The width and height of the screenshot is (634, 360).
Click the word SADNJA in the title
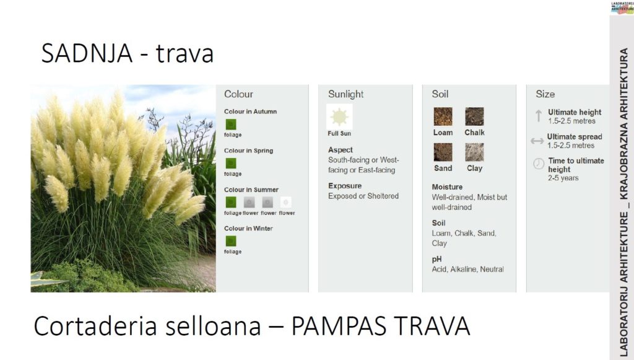tap(87, 53)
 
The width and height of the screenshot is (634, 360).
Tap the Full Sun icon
tap(339, 116)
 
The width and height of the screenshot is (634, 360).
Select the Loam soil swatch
tap(443, 116)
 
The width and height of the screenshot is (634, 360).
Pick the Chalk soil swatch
tap(474, 116)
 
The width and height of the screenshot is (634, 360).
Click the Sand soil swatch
tap(443, 152)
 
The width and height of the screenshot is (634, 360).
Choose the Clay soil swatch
tap(474, 152)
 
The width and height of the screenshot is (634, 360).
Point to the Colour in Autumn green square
tap(231, 124)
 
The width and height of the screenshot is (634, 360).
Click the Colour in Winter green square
tap(231, 241)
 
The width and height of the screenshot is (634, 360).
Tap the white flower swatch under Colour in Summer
tap(286, 202)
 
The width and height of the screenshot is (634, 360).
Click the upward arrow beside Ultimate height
tap(538, 116)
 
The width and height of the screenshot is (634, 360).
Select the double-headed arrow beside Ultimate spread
tap(537, 141)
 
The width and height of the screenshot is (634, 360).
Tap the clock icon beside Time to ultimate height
tap(539, 164)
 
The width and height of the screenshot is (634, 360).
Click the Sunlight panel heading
tap(345, 94)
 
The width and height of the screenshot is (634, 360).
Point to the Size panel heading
tap(545, 94)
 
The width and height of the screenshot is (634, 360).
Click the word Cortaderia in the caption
tap(95, 326)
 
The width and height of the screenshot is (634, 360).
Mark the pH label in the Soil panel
tap(436, 260)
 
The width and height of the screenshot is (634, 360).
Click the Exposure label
tap(345, 186)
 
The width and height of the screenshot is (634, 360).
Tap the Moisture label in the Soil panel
tap(447, 187)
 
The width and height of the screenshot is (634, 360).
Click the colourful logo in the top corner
tap(622, 7)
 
